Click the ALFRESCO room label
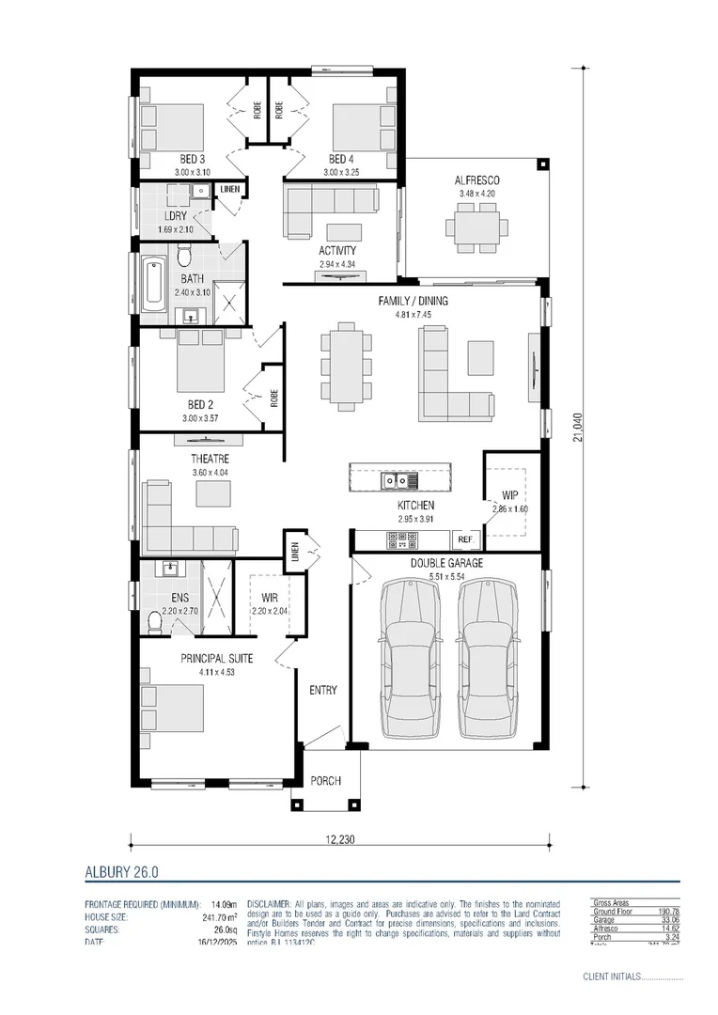pyautogui.click(x=476, y=180)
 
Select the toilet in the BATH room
pyautogui.click(x=185, y=255)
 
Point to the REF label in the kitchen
pyautogui.click(x=464, y=540)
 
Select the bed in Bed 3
pyautogui.click(x=164, y=127)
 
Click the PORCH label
pyautogui.click(x=325, y=781)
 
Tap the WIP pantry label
pyautogui.click(x=510, y=494)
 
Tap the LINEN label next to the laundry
pyautogui.click(x=230, y=190)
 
